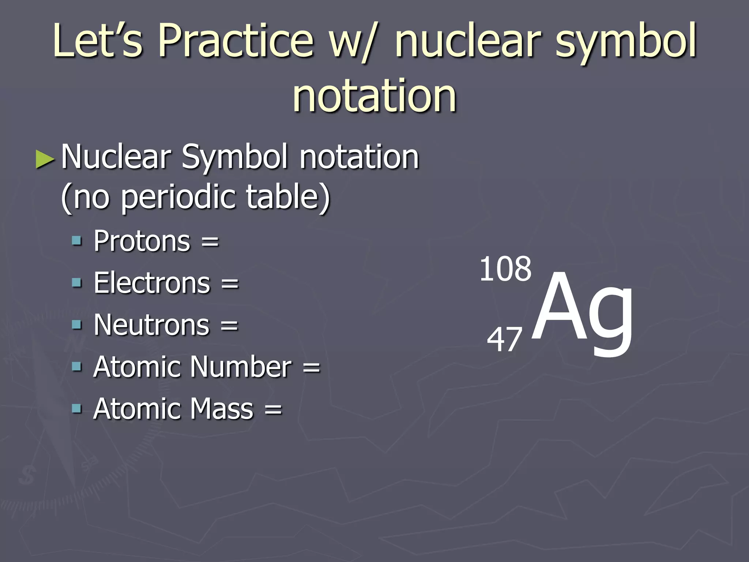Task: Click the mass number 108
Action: click(x=505, y=269)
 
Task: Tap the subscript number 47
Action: click(x=504, y=340)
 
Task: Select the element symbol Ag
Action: click(x=581, y=311)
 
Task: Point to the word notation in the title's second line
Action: click(x=374, y=96)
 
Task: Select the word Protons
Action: click(x=142, y=241)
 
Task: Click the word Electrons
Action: click(x=152, y=283)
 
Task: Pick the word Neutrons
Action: click(x=151, y=325)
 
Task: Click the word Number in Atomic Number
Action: click(x=241, y=367)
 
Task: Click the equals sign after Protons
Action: click(x=210, y=242)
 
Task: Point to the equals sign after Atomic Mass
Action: click(x=273, y=409)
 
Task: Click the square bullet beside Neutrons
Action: click(x=77, y=325)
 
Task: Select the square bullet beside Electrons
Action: click(x=77, y=282)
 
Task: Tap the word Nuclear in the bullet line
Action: click(x=116, y=157)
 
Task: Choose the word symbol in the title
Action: click(x=626, y=41)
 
